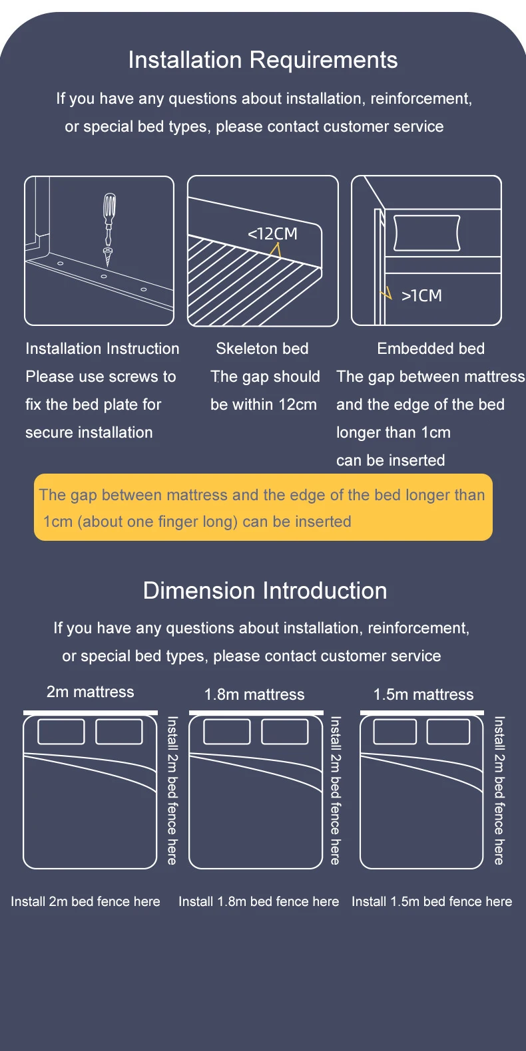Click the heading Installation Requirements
[x=263, y=60]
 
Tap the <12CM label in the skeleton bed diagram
[x=272, y=234]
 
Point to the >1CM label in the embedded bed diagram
[x=421, y=296]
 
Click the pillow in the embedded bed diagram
[x=427, y=233]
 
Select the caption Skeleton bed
[x=262, y=349]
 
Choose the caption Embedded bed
[x=431, y=349]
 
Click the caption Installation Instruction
[x=103, y=349]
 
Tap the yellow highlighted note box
[x=263, y=508]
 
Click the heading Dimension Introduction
[x=265, y=591]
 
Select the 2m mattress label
[x=91, y=692]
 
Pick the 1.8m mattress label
[x=254, y=694]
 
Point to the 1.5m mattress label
[x=423, y=694]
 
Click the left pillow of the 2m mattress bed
[x=61, y=732]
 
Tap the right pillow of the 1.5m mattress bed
[x=448, y=732]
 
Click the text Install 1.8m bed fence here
[x=258, y=902]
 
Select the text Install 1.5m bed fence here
[x=432, y=902]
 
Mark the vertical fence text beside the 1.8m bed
[x=336, y=790]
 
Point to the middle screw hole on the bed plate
[x=104, y=276]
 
